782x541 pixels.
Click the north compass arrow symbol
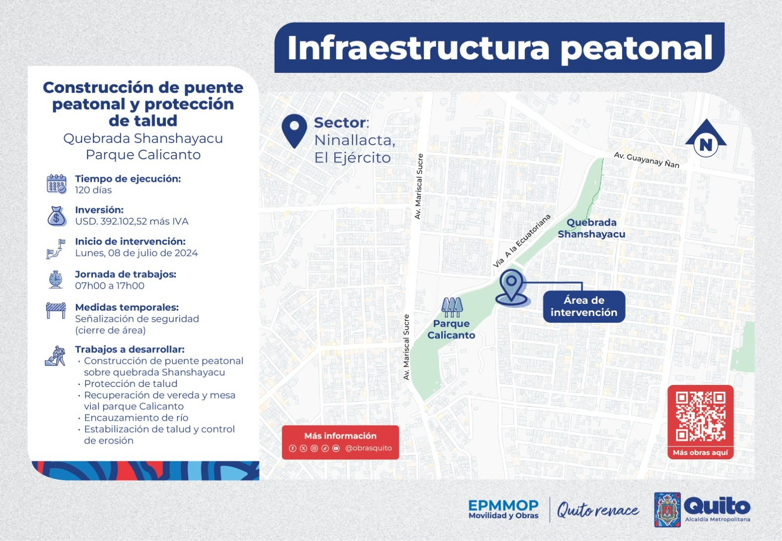706,139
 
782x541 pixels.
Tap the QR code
700,416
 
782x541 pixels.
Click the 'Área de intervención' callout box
584,307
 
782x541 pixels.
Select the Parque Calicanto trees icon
452,307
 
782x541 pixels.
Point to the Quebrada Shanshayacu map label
591,228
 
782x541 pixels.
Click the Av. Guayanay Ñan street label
646,160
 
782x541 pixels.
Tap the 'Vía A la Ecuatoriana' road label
521,241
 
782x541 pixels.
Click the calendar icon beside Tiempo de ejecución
57,184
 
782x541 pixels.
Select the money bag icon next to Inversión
57,216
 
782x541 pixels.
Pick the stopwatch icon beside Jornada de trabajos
56,279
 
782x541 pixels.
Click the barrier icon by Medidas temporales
56,310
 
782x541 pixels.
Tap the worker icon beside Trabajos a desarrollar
55,356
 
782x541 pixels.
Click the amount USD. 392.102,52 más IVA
131,222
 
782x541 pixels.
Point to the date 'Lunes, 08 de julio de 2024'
136,253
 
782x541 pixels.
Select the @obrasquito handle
368,448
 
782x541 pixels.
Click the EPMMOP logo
503,509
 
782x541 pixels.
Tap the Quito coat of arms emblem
667,510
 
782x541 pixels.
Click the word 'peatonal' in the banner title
636,48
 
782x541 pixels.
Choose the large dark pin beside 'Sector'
294,130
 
